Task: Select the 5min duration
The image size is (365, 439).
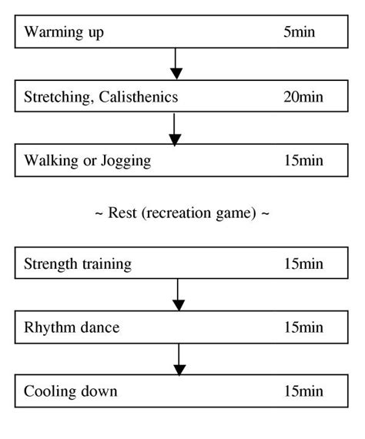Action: pyautogui.click(x=299, y=32)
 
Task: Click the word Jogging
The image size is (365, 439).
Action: pyautogui.click(x=124, y=162)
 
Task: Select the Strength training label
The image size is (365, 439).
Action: pyautogui.click(x=78, y=264)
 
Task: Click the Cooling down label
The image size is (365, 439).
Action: pyautogui.click(x=71, y=392)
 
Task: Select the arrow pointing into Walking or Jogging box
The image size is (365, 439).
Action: pyautogui.click(x=176, y=129)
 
